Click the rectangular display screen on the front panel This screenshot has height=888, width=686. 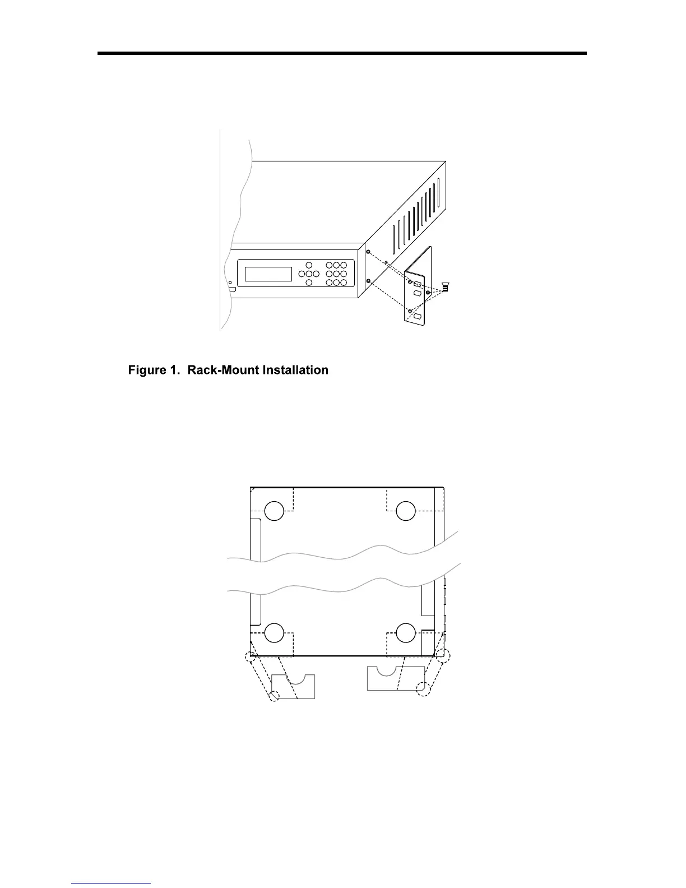click(x=268, y=274)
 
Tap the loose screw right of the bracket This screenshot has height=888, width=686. click(x=445, y=288)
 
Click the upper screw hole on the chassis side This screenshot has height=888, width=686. click(x=368, y=252)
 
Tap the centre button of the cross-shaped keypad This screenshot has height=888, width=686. click(x=309, y=274)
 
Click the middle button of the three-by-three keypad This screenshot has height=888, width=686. click(x=336, y=274)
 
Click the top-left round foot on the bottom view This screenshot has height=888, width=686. click(x=274, y=511)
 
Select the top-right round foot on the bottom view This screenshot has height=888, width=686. click(x=405, y=511)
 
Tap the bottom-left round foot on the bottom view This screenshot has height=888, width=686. click(x=274, y=632)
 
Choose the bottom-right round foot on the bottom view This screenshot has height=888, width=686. click(x=405, y=632)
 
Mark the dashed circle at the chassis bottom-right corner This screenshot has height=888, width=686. click(x=443, y=655)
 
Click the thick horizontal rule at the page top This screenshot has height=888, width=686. click(x=342, y=53)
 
